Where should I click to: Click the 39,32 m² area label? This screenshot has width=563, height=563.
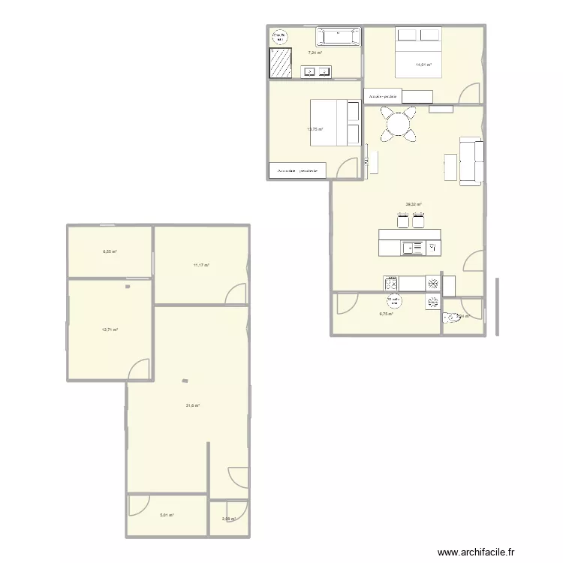414,204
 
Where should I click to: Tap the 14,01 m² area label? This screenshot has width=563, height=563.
424,65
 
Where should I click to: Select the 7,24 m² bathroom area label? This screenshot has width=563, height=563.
315,53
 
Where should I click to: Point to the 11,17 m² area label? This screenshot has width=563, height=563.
201,265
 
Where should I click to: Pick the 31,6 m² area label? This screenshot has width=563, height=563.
193,405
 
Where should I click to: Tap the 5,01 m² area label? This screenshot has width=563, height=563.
167,515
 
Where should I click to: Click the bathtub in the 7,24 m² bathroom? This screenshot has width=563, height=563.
339,35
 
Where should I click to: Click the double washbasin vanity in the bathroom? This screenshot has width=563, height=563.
317,72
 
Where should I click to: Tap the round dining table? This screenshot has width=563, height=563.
399,124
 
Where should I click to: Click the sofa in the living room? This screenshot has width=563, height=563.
471,161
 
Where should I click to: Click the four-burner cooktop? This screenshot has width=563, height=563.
391,283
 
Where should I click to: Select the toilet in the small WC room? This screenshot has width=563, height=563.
453,318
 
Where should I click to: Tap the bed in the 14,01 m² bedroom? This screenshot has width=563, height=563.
419,52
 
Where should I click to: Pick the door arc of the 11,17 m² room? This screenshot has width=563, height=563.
237,294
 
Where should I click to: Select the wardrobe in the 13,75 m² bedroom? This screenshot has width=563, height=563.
298,171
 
